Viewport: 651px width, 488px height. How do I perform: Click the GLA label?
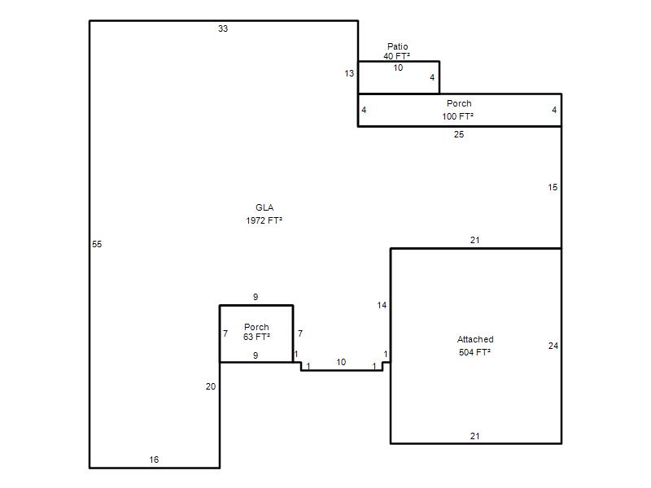click(264, 207)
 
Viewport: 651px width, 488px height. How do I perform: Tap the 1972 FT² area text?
click(264, 220)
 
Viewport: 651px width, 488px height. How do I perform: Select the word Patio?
click(398, 46)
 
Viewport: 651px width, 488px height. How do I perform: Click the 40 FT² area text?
click(397, 56)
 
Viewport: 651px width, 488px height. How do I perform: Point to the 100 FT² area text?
click(458, 116)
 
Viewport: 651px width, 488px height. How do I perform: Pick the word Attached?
click(475, 339)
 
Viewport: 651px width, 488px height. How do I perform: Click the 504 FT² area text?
click(475, 352)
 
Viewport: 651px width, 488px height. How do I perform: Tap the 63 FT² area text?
click(256, 337)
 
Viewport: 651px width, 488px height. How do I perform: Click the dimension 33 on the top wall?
click(223, 28)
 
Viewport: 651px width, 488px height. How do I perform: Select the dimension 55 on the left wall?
click(97, 245)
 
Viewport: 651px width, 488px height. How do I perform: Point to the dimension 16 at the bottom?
click(154, 460)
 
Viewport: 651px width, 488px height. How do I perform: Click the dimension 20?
click(211, 387)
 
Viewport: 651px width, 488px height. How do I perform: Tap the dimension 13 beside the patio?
click(349, 73)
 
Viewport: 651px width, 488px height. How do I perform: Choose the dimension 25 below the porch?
click(459, 134)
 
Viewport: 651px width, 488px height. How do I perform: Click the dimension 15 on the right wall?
click(553, 188)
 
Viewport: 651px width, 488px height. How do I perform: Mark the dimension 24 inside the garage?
click(553, 346)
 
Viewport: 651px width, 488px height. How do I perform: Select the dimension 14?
click(382, 306)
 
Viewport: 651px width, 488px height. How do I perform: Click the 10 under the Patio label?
click(398, 68)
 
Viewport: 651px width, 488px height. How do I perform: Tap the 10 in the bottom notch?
click(341, 362)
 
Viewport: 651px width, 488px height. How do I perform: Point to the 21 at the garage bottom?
click(475, 436)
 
